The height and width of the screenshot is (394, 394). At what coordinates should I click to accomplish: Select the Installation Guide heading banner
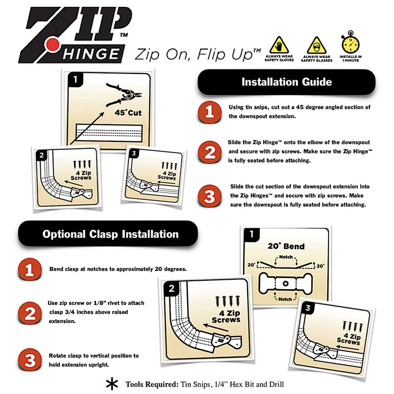(286, 82)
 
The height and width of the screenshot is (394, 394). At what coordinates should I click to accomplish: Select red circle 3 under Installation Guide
(209, 197)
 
